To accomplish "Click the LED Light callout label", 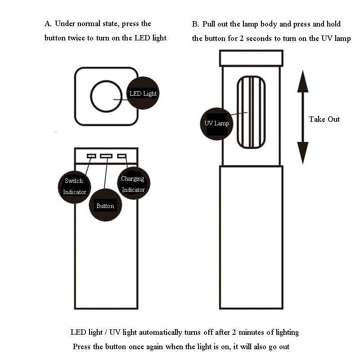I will (143, 93).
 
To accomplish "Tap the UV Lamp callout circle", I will (216, 123).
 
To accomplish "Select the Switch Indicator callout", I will (75, 186).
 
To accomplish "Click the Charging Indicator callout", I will (133, 184).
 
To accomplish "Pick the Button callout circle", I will (105, 206).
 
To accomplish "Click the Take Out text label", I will (324, 119).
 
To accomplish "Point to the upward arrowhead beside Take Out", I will (303, 81).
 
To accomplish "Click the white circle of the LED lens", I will (106, 96).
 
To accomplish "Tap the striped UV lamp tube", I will (251, 112).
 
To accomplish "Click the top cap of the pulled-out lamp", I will (251, 58).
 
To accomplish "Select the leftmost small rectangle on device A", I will (91, 156).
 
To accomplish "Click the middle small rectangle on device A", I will (106, 156).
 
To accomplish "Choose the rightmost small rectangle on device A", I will (121, 156).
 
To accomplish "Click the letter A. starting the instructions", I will (48, 23).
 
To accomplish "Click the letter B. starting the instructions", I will (195, 24).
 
